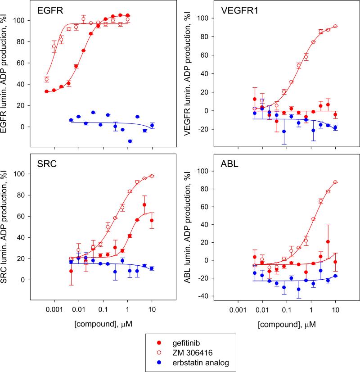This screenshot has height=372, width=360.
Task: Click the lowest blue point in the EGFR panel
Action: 130,141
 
